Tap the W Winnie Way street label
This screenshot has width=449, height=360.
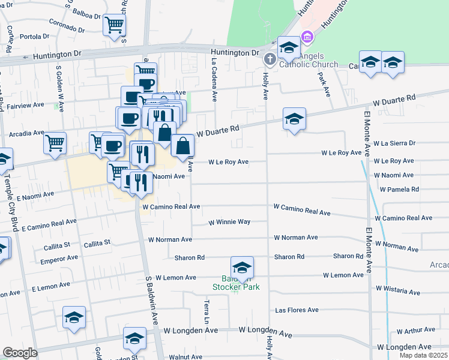(229, 222)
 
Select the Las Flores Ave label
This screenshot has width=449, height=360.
(296, 310)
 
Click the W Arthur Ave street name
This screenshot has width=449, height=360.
(415, 330)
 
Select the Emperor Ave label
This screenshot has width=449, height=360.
(59, 259)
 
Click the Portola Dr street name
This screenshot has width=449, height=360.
(34, 37)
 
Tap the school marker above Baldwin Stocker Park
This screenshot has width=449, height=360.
(242, 268)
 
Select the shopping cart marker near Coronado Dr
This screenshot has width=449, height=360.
(114, 26)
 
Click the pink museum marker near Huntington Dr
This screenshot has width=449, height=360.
(307, 37)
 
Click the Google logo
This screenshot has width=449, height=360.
(20, 353)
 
